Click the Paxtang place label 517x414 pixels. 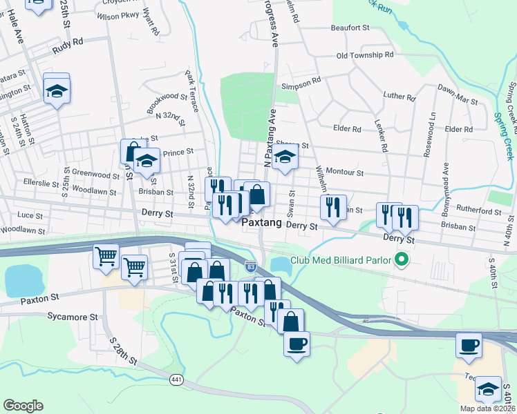coord(262,224)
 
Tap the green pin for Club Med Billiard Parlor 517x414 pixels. coord(400,260)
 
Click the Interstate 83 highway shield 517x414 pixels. coord(250,266)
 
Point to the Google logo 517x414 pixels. coord(23,405)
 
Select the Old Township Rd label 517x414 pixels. coord(364,55)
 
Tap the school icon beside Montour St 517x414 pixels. coord(285,157)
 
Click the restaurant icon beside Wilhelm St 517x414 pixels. coord(333,206)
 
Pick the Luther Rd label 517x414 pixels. coord(399,97)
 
